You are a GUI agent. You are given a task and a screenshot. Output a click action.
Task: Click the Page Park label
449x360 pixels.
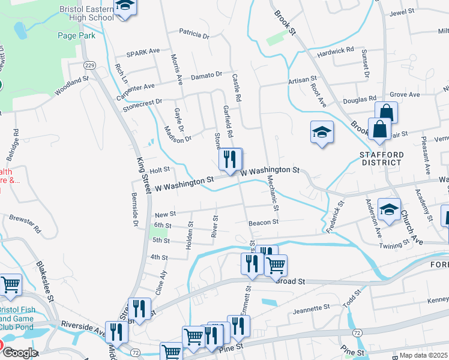(76, 35)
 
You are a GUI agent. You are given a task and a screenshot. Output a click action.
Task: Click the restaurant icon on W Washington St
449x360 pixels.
(229, 160)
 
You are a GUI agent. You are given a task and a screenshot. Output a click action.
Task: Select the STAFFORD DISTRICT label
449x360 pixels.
(381, 158)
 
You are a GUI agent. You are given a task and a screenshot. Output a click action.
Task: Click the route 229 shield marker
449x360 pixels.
(90, 65)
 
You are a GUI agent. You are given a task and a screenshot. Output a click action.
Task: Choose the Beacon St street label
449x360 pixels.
(264, 222)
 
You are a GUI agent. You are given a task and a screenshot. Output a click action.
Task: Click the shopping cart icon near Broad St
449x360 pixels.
(276, 265)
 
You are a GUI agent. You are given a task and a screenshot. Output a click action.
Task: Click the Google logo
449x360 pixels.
(19, 353)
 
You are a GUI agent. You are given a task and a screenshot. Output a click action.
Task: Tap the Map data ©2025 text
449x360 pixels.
(423, 355)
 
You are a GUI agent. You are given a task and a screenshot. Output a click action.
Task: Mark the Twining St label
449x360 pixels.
(394, 242)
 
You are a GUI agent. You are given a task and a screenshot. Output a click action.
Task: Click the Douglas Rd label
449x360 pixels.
(360, 99)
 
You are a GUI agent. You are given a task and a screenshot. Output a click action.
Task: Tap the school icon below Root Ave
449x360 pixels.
(322, 133)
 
